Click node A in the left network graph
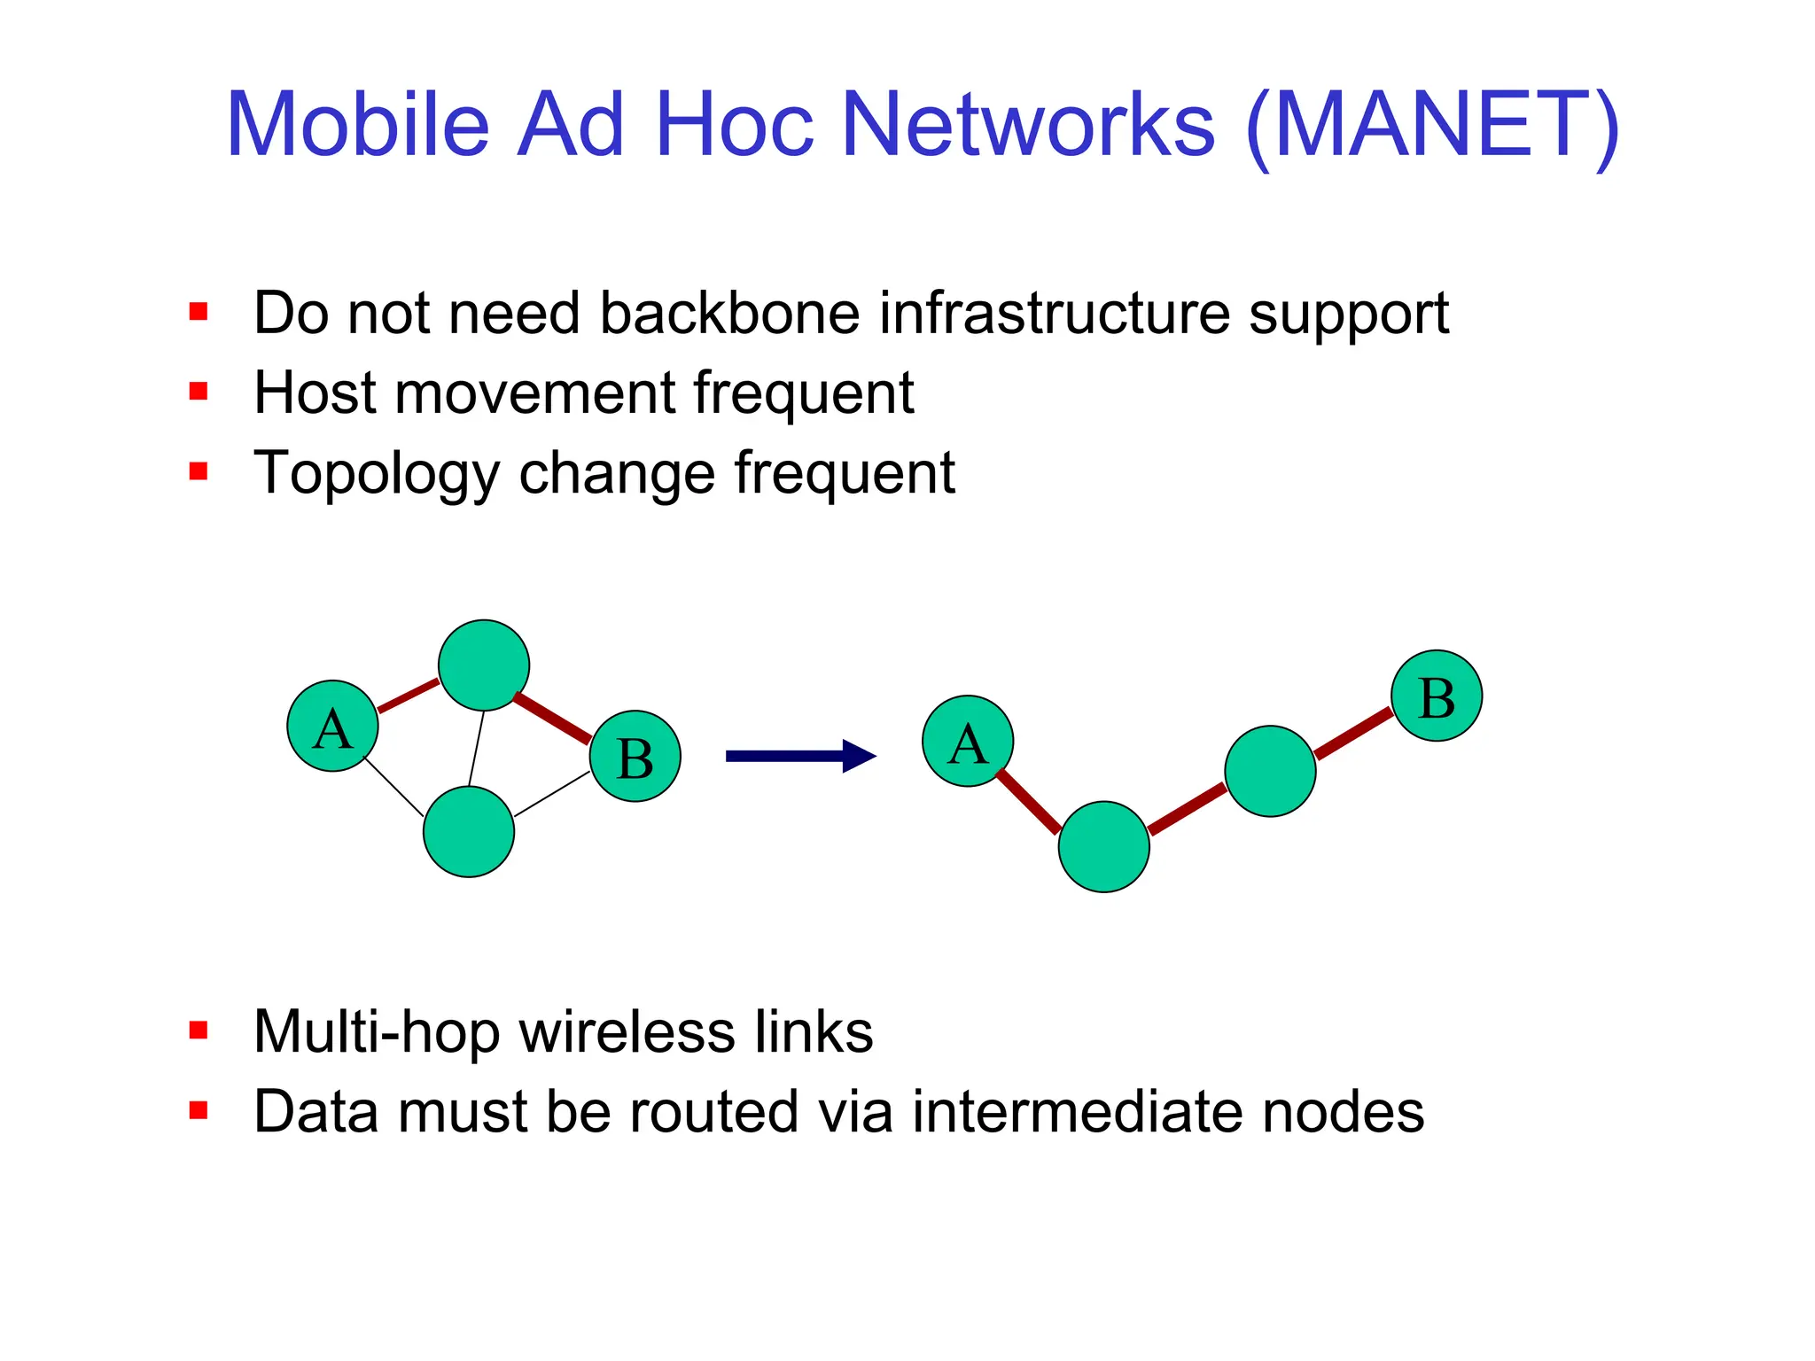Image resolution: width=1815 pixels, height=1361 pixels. (x=332, y=726)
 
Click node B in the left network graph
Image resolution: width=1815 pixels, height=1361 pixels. (x=635, y=756)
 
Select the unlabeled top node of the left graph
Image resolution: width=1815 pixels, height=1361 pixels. (x=484, y=665)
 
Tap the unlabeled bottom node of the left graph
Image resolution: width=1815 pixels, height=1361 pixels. (x=469, y=831)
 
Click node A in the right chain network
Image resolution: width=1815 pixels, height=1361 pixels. (x=968, y=741)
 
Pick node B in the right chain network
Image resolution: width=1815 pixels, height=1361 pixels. (x=1437, y=696)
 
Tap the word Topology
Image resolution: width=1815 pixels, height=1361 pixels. (x=377, y=474)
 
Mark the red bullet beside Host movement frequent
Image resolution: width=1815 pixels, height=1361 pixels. (x=199, y=392)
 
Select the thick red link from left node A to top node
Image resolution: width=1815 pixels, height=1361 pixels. (x=409, y=696)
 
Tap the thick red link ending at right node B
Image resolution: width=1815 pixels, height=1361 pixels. (x=1354, y=733)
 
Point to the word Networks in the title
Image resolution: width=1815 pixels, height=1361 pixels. (x=1027, y=125)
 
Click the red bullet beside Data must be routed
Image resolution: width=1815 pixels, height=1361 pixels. (x=199, y=1110)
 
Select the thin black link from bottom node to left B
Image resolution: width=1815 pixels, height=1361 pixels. (x=552, y=794)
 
